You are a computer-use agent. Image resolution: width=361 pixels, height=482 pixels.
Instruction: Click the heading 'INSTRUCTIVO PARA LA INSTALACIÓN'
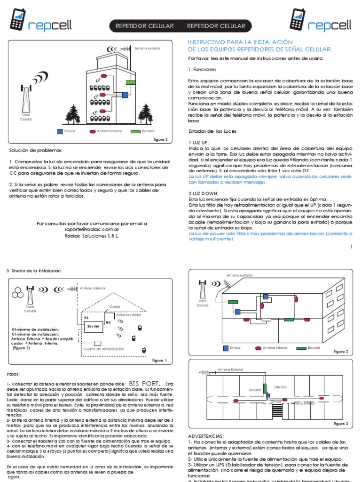pyautogui.click(x=240, y=42)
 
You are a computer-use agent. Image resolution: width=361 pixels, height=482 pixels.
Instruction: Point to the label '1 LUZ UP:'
pyautogui.click(x=199, y=142)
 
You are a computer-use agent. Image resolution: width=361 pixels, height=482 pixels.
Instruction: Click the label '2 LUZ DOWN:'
pyautogui.click(x=203, y=193)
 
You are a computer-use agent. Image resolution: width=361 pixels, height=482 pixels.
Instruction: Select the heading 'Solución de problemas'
pyautogui.click(x=35, y=150)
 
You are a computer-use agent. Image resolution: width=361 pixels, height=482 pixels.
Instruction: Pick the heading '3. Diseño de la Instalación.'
pyautogui.click(x=34, y=270)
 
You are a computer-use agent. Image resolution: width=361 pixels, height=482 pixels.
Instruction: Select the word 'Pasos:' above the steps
pyautogui.click(x=14, y=373)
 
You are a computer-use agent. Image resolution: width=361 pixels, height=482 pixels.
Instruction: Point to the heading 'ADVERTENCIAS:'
pyautogui.click(x=206, y=436)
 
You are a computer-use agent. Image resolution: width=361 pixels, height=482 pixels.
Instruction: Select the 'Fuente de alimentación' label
pyautogui.click(x=104, y=349)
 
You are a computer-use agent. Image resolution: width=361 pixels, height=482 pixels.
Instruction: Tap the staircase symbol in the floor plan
pyautogui.click(x=278, y=411)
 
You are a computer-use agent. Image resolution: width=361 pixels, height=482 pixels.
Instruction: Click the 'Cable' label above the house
pyautogui.click(x=115, y=306)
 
